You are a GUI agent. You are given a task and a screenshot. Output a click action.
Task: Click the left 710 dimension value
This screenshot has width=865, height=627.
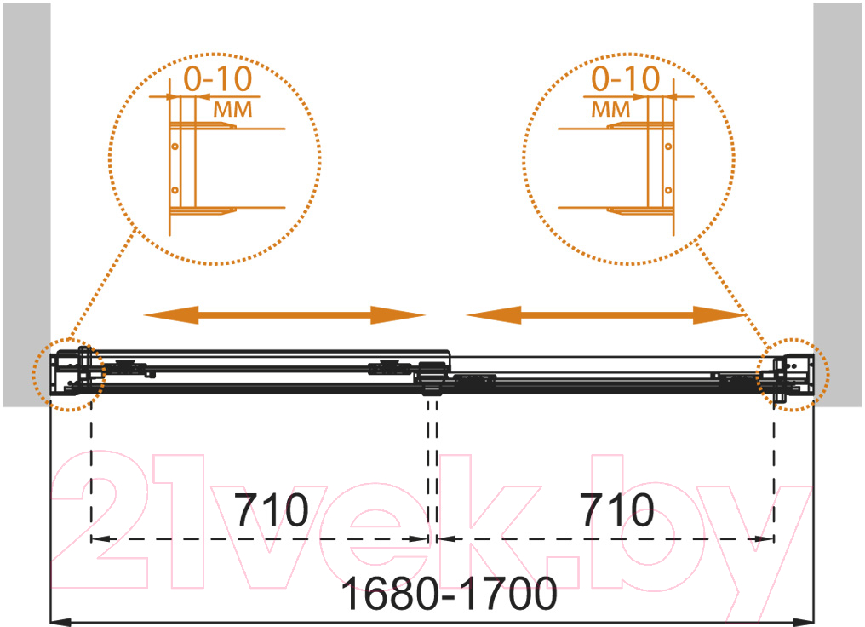click(x=272, y=510)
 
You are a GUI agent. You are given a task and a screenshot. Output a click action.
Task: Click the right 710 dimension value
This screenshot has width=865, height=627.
click(x=617, y=510)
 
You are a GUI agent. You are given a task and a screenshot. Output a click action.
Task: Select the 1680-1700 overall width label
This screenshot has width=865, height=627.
click(x=449, y=594)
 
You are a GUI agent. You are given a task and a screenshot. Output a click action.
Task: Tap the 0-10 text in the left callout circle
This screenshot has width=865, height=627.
click(x=218, y=79)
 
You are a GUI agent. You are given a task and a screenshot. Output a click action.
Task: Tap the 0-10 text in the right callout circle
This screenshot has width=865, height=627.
click(x=626, y=79)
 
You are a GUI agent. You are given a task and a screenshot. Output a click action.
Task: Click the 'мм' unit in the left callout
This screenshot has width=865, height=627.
click(x=232, y=109)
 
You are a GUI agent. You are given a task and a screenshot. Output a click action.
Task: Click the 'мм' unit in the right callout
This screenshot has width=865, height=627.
click(x=610, y=109)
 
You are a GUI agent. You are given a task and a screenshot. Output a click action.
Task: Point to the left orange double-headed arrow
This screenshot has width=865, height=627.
click(x=284, y=315)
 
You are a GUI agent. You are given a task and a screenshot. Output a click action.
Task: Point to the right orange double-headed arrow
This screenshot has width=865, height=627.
click(x=606, y=315)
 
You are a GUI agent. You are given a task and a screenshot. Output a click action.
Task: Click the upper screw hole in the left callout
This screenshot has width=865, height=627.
click(x=175, y=147)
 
